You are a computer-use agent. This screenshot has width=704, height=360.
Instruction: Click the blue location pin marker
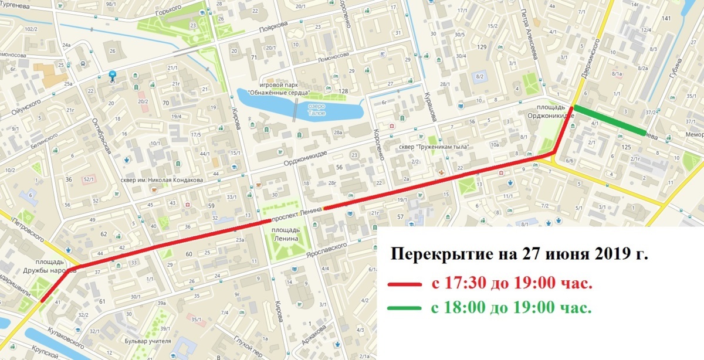113,76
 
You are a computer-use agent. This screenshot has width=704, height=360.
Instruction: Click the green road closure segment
610,120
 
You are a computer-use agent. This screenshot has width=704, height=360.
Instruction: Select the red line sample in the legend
404,284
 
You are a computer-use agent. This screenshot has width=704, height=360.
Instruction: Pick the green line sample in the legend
404,307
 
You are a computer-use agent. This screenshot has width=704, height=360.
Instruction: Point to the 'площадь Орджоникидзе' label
553,111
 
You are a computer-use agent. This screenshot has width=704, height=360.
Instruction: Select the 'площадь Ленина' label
286,234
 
